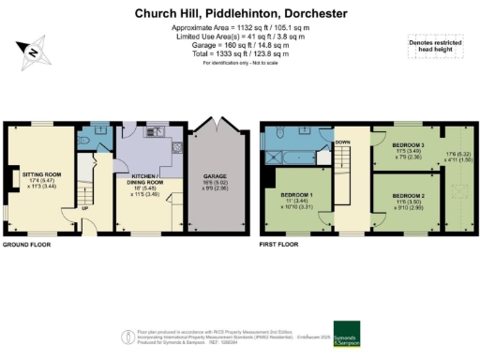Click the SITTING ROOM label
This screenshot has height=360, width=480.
click(40, 174)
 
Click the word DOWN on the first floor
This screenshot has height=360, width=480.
click(342, 143)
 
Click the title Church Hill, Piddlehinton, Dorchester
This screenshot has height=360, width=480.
click(240, 13)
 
